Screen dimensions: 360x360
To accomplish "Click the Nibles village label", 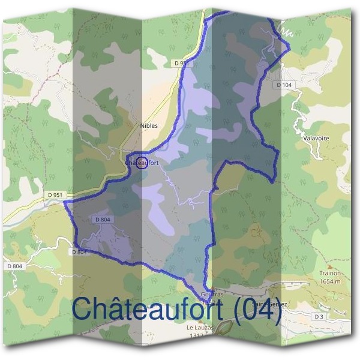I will pos(148,126).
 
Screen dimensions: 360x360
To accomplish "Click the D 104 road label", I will pos(286,86).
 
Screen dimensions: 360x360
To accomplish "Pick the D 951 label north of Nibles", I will pos(181,62).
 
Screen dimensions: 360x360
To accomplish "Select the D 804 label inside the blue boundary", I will pos(103,220).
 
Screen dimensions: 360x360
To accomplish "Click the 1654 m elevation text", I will pos(330,280).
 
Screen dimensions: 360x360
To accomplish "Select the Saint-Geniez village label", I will pos(269,304).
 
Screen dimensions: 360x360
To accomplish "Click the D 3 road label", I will pos(319,316).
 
